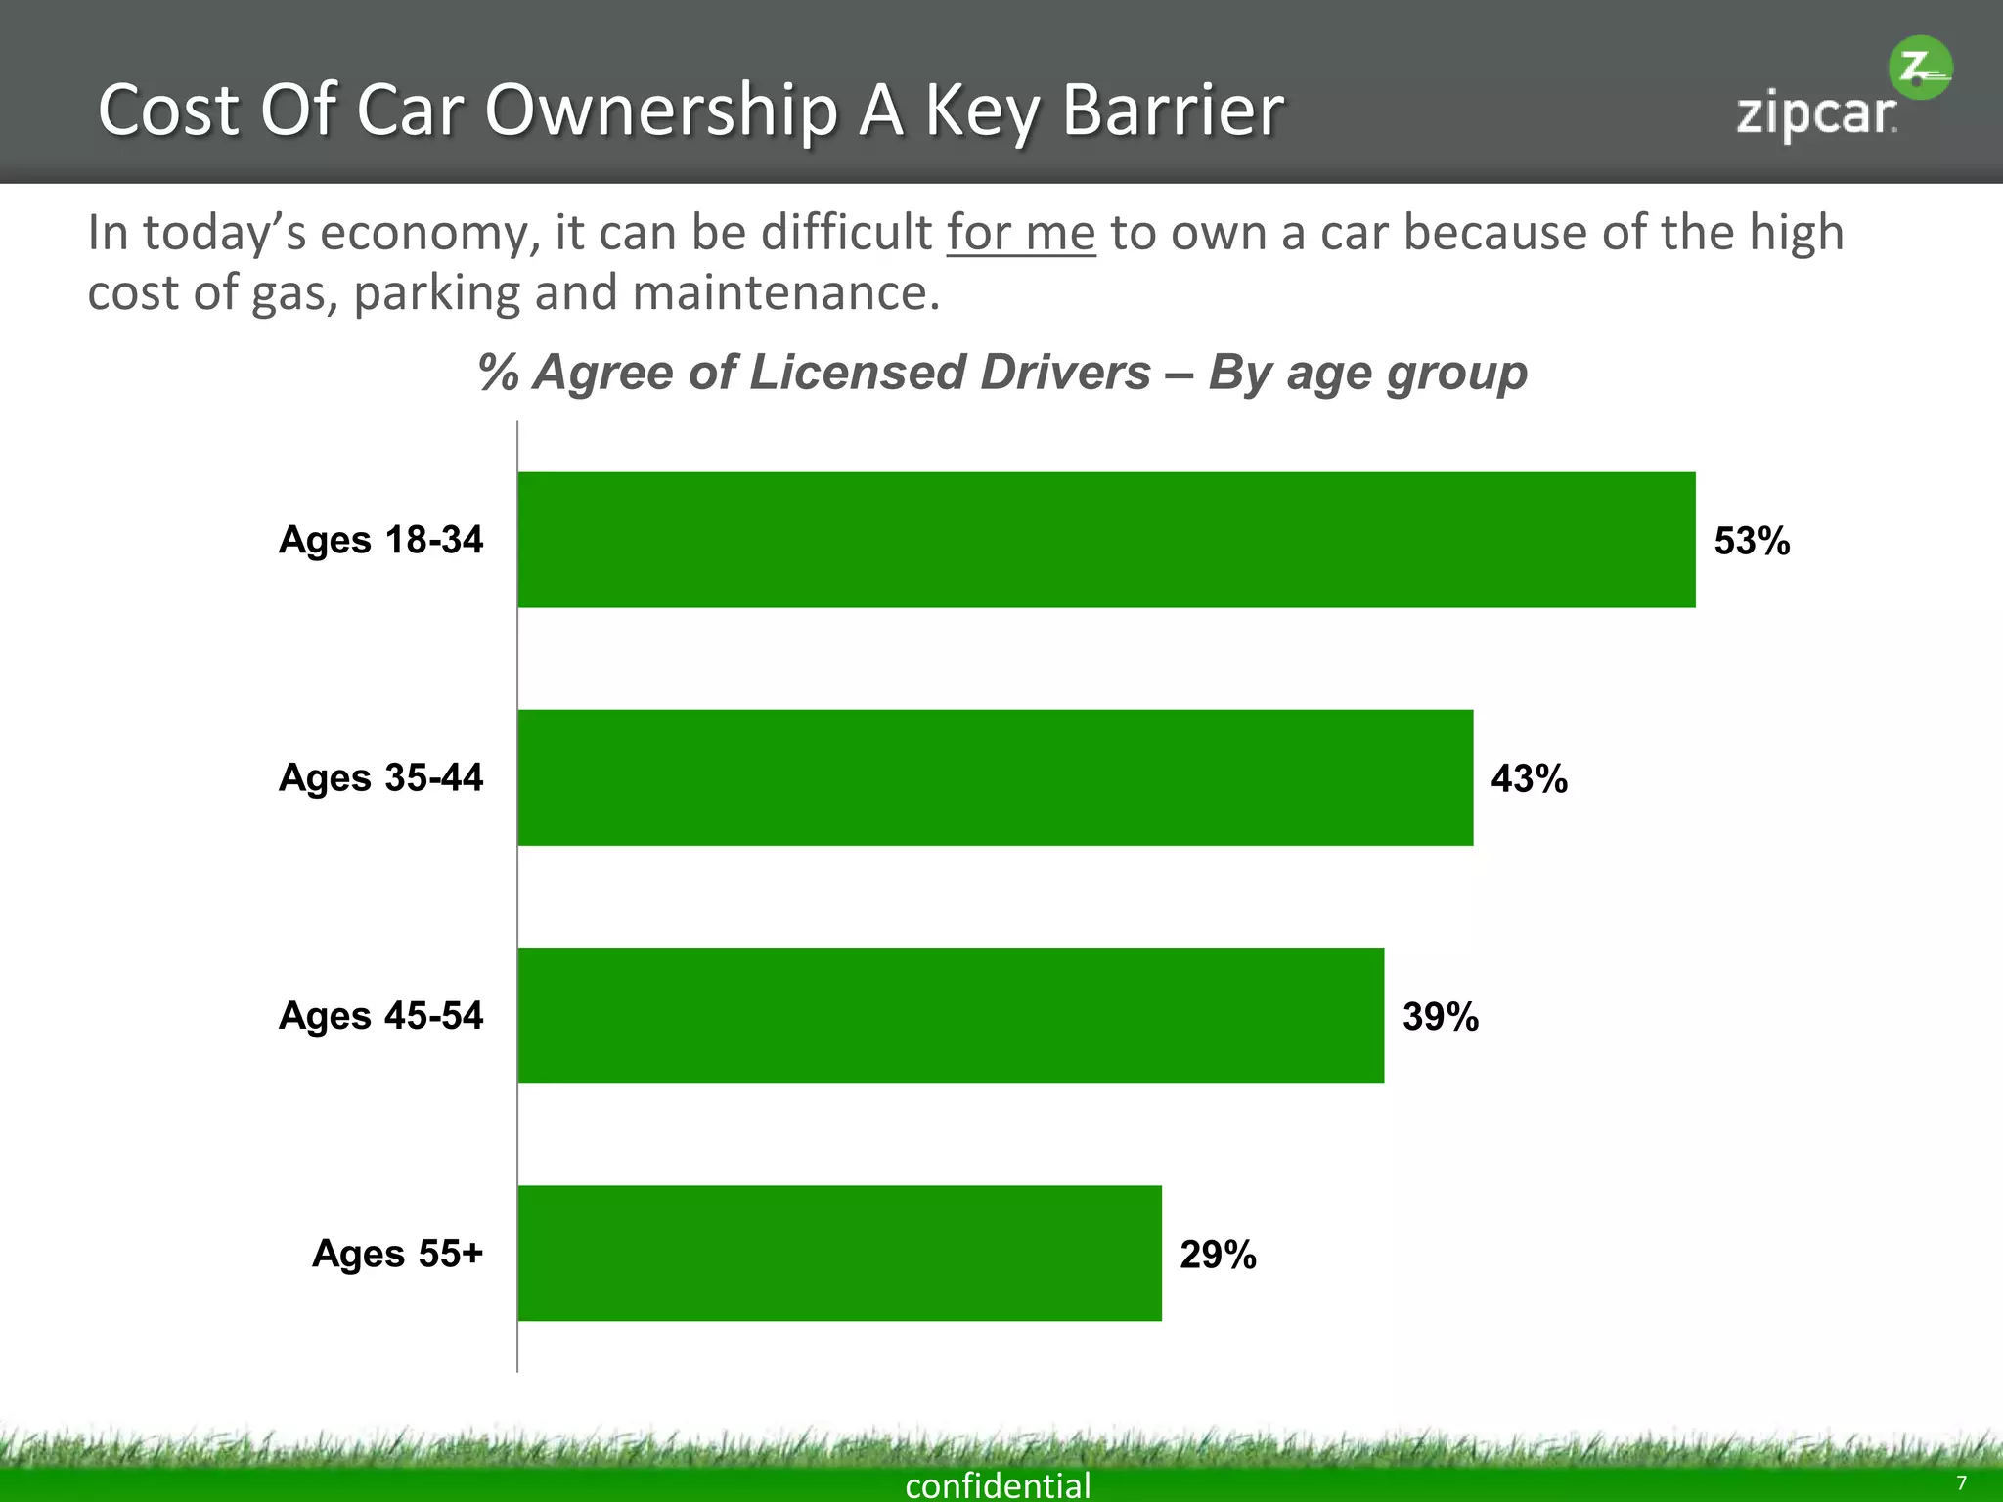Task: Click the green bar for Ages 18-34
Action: pos(1105,540)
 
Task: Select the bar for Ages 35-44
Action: pos(995,777)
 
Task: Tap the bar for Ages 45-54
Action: pos(950,1015)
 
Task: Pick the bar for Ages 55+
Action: pos(839,1253)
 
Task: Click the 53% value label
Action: pos(1751,541)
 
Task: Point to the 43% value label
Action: pos(1529,778)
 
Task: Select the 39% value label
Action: pos(1440,1016)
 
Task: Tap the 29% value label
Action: pos(1218,1254)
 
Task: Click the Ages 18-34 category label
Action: pos(380,540)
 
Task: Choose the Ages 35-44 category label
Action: pos(380,777)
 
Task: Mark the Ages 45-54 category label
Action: pos(380,1015)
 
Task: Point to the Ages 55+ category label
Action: pos(397,1253)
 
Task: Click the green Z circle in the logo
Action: pos(1919,67)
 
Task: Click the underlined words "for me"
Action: pos(1020,233)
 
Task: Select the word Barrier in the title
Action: pos(1172,110)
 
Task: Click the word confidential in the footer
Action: pos(998,1484)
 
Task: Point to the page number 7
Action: pos(1961,1482)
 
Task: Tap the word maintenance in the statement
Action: pos(785,292)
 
